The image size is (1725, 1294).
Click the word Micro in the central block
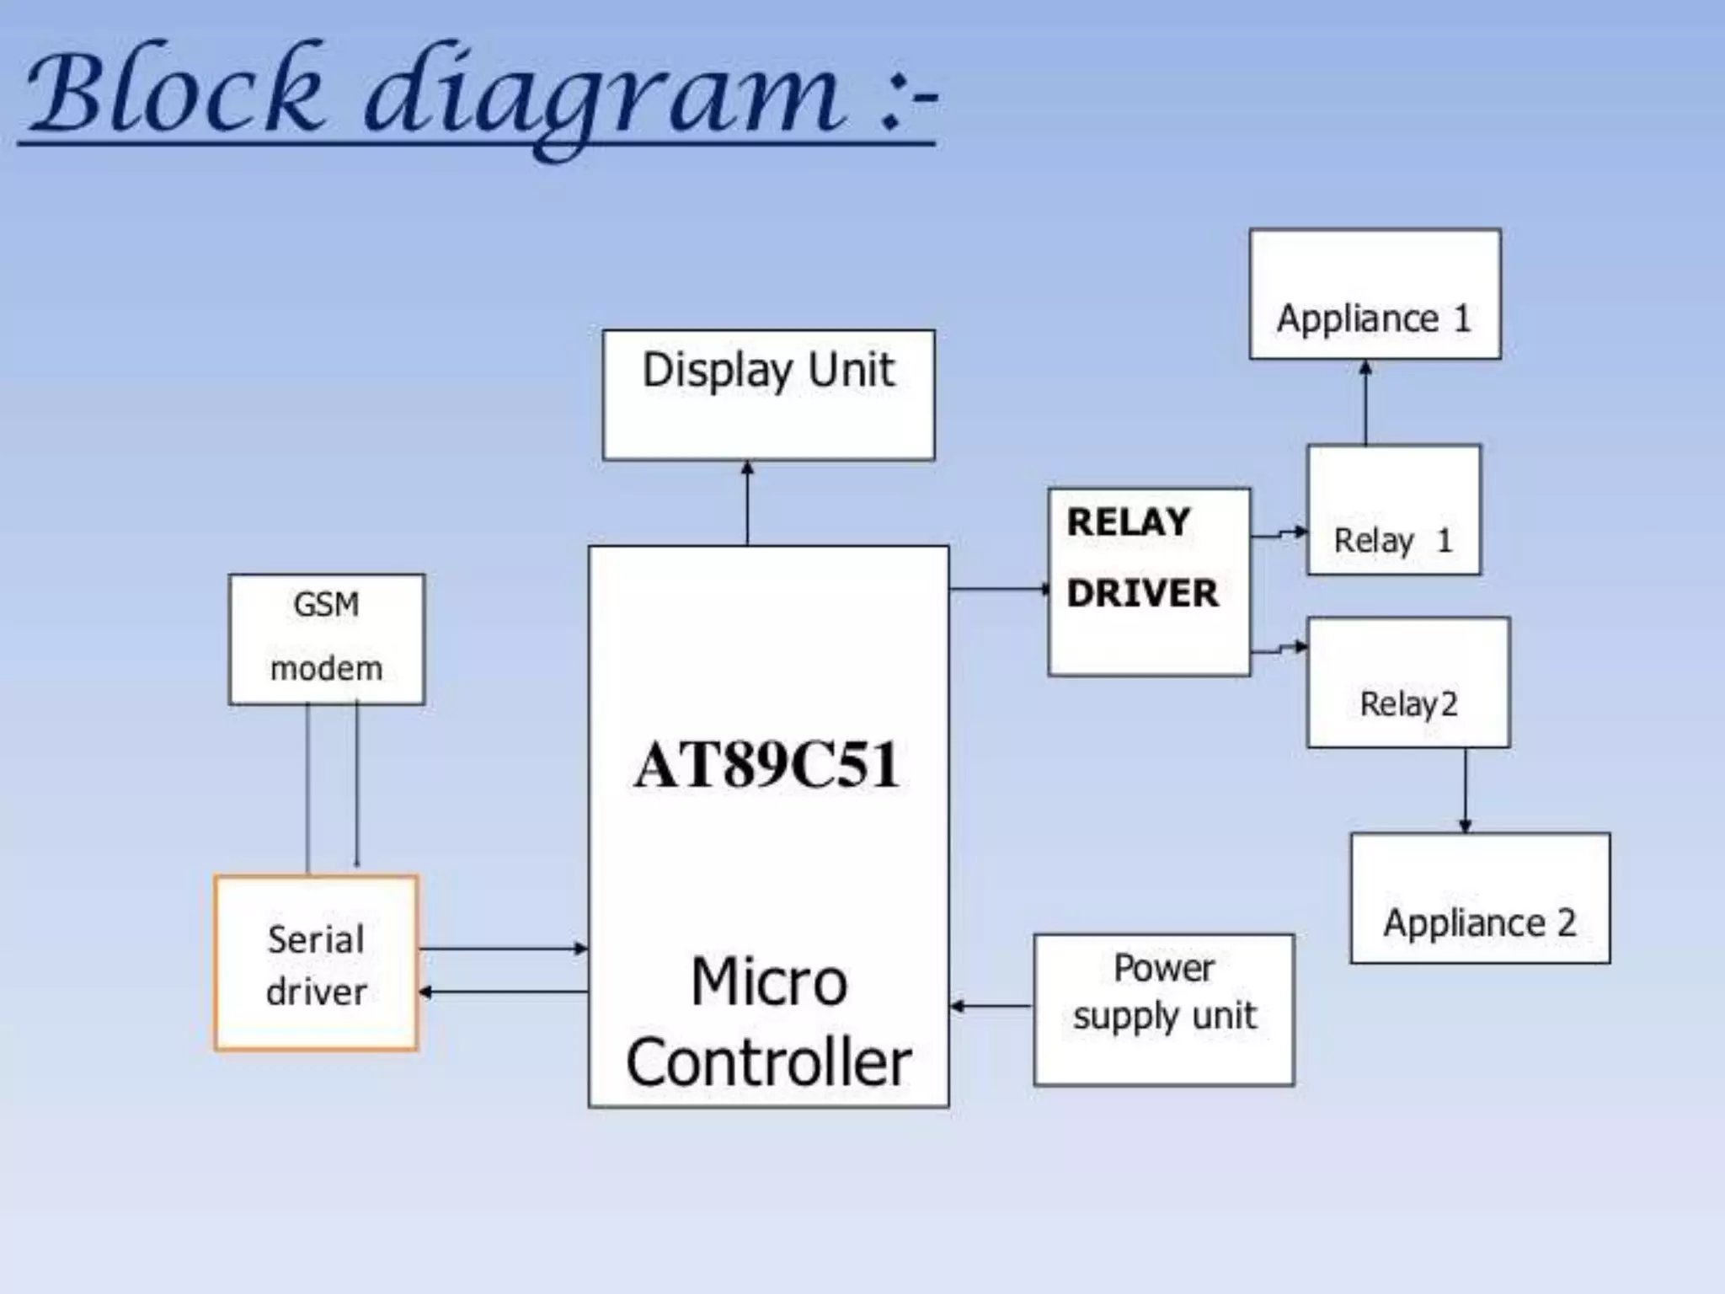point(768,981)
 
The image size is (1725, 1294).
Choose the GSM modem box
point(326,639)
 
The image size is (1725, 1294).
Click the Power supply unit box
point(1163,1008)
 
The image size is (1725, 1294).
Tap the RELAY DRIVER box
point(1148,581)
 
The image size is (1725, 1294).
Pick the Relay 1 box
point(1393,510)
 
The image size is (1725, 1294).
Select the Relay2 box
point(1407,682)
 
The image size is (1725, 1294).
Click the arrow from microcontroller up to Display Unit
point(747,503)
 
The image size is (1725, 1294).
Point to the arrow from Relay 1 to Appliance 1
point(1365,403)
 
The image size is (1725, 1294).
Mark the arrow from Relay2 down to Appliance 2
point(1465,790)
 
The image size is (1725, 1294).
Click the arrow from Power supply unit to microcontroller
point(991,1005)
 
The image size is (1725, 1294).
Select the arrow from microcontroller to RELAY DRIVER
point(999,588)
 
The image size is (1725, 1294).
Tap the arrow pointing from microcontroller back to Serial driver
point(503,992)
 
